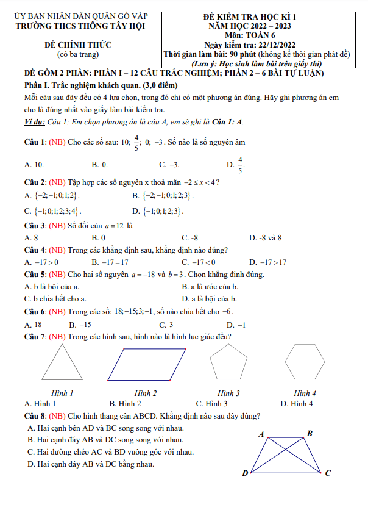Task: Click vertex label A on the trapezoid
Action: (x=261, y=434)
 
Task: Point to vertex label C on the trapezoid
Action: (x=328, y=473)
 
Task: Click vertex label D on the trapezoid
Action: (x=245, y=473)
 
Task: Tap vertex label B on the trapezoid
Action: (x=310, y=434)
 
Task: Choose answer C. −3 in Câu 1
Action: (x=169, y=165)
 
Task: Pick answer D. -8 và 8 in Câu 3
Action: (x=265, y=237)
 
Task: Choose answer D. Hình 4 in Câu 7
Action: (x=296, y=404)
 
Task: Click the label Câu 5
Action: (x=35, y=275)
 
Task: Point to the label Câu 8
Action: (x=35, y=416)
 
